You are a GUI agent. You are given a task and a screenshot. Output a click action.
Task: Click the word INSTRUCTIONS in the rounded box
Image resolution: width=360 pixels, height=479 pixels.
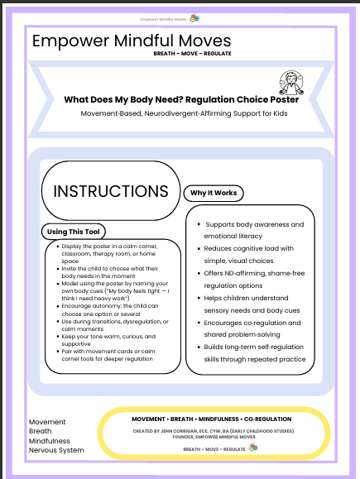[x=111, y=190]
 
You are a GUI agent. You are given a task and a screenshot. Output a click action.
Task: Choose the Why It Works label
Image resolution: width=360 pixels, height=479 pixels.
[x=214, y=193]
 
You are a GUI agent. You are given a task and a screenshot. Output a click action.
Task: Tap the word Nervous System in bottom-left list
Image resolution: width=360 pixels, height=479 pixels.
[x=56, y=450]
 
